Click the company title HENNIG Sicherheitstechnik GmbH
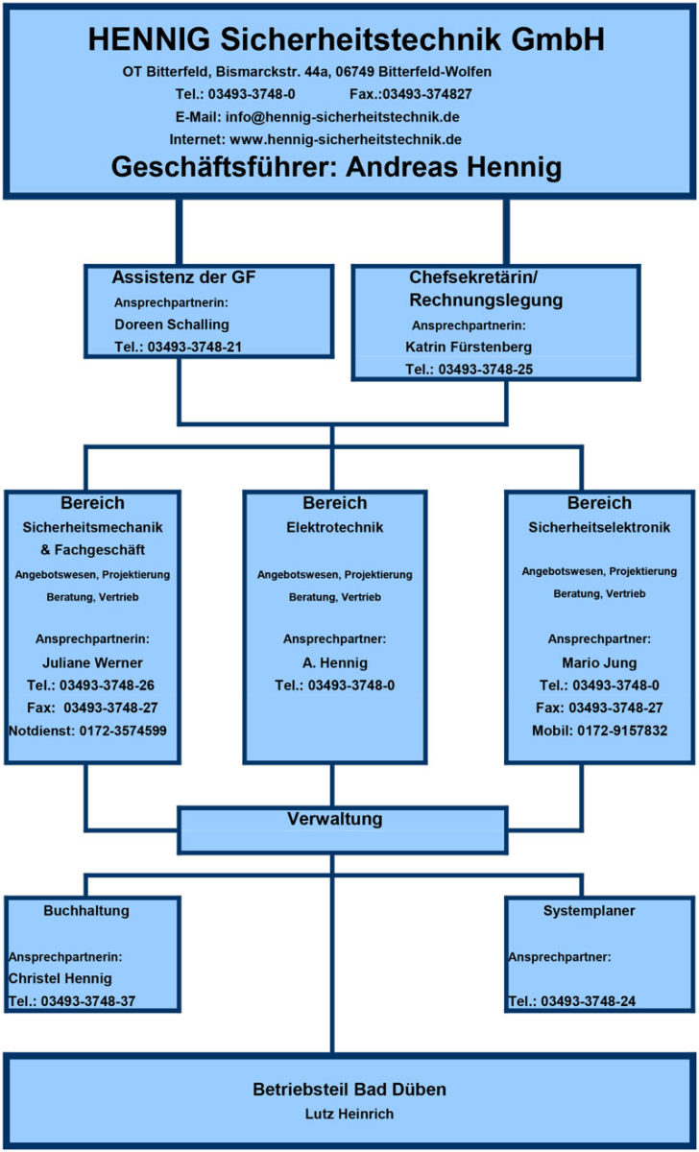pos(347,40)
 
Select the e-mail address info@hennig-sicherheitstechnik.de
pos(343,116)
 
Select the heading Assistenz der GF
pos(184,278)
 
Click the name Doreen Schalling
pos(172,324)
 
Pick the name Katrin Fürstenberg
pos(469,347)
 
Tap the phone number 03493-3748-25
pos(485,369)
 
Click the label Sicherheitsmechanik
pos(93,527)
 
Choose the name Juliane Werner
pos(93,661)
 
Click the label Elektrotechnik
pos(335,527)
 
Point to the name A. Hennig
pos(334,662)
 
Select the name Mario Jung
pos(599,662)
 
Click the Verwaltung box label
pos(335,820)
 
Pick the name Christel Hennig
pos(60,979)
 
